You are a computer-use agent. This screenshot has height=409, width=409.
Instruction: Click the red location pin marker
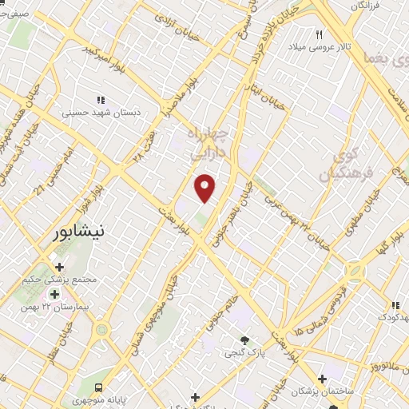[205, 187]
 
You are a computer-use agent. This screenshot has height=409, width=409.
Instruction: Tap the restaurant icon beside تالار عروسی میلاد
[320, 34]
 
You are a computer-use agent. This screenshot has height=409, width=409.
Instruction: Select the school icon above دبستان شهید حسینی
[101, 100]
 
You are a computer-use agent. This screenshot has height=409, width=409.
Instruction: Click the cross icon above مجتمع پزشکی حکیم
[58, 267]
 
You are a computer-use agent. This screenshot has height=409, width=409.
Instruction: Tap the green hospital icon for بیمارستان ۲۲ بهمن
[54, 293]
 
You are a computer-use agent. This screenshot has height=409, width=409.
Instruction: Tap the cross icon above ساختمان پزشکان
[323, 379]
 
